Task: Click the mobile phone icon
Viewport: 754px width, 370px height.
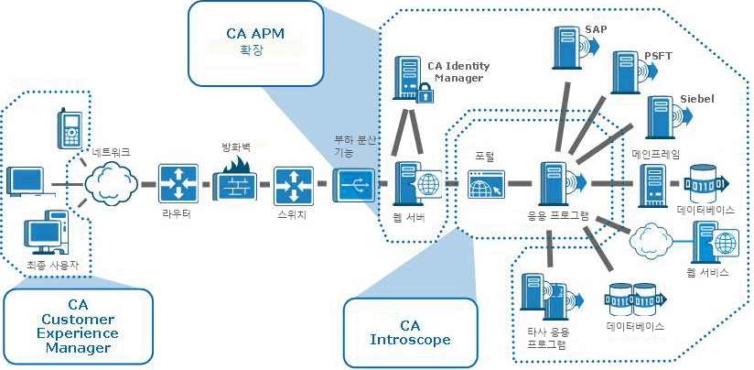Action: pyautogui.click(x=69, y=129)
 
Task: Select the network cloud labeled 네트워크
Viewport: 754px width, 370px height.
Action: pyautogui.click(x=107, y=183)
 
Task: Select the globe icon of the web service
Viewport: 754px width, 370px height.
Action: pyautogui.click(x=726, y=244)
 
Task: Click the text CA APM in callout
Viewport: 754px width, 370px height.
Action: pyautogui.click(x=255, y=33)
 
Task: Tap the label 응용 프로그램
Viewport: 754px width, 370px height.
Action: pyautogui.click(x=557, y=217)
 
